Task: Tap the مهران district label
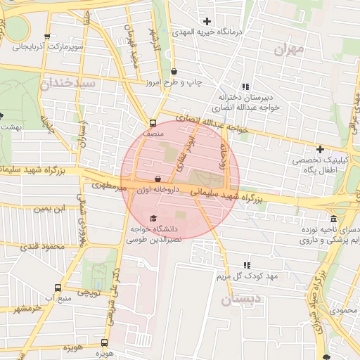289,51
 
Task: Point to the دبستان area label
240,300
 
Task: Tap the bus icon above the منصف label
153,122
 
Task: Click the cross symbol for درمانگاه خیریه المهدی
207,22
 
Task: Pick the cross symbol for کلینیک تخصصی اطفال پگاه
321,149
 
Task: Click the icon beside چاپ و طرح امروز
174,72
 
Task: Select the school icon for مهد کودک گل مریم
247,266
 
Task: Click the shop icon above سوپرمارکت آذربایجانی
46,37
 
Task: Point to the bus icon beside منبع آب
58,288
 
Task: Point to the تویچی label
89,292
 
